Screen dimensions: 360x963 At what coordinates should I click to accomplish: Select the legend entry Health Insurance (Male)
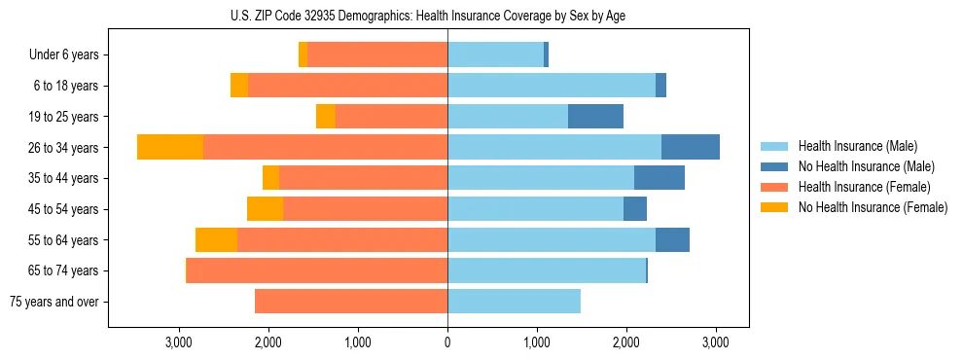tap(851, 146)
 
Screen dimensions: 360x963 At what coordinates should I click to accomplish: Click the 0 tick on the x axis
tap(447, 342)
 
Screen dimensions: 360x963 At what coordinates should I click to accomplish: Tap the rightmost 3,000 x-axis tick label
tap(716, 342)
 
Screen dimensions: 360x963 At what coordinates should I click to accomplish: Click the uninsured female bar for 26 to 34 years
tap(170, 147)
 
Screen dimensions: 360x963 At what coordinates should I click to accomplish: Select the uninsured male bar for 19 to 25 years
tap(595, 117)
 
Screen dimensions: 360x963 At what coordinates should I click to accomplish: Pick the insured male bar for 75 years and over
tap(514, 302)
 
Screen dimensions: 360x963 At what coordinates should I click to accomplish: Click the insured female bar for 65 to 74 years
tap(317, 270)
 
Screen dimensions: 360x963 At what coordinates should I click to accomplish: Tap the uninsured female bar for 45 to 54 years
tap(265, 209)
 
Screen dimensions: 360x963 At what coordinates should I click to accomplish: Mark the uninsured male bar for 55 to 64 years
tap(672, 239)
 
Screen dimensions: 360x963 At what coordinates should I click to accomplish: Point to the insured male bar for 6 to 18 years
tap(552, 86)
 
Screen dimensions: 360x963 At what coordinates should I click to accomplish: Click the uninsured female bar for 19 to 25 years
tap(326, 117)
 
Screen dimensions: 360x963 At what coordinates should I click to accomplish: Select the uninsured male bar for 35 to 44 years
tap(660, 178)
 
